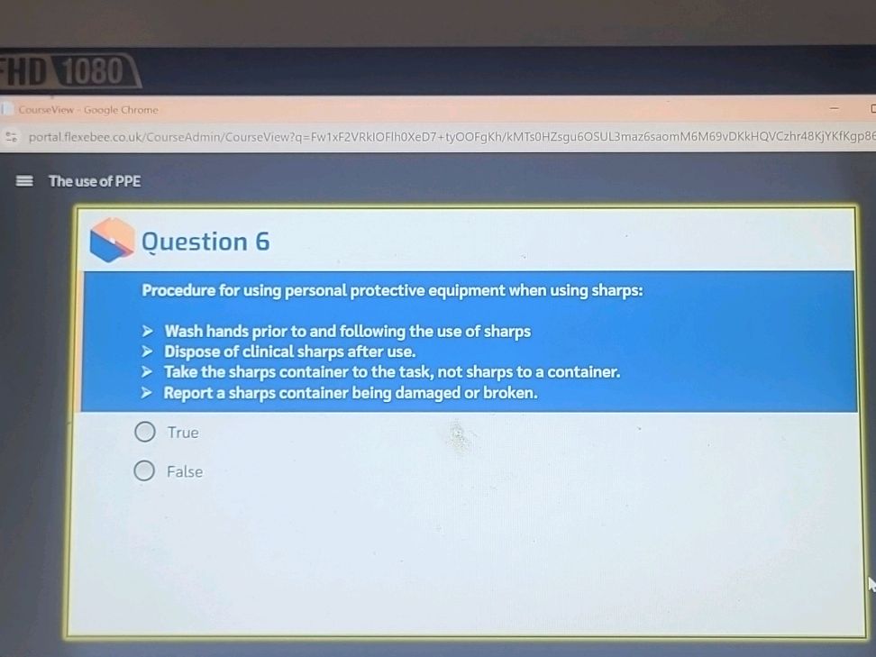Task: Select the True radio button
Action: (x=145, y=432)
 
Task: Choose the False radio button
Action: (x=144, y=471)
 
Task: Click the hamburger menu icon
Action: (x=24, y=181)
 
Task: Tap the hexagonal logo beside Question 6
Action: (x=112, y=241)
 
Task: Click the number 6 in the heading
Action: (x=262, y=242)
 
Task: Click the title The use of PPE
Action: (x=95, y=181)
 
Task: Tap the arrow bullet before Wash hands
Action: (x=147, y=332)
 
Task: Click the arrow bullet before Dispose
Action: (x=147, y=351)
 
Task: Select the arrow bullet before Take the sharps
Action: (x=147, y=372)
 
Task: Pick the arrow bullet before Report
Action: (x=146, y=393)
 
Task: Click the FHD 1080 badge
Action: (x=68, y=71)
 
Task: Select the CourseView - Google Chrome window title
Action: (x=88, y=110)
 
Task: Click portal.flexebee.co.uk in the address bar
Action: (x=86, y=137)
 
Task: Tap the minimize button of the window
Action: (x=835, y=108)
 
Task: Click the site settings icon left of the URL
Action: (x=11, y=137)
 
